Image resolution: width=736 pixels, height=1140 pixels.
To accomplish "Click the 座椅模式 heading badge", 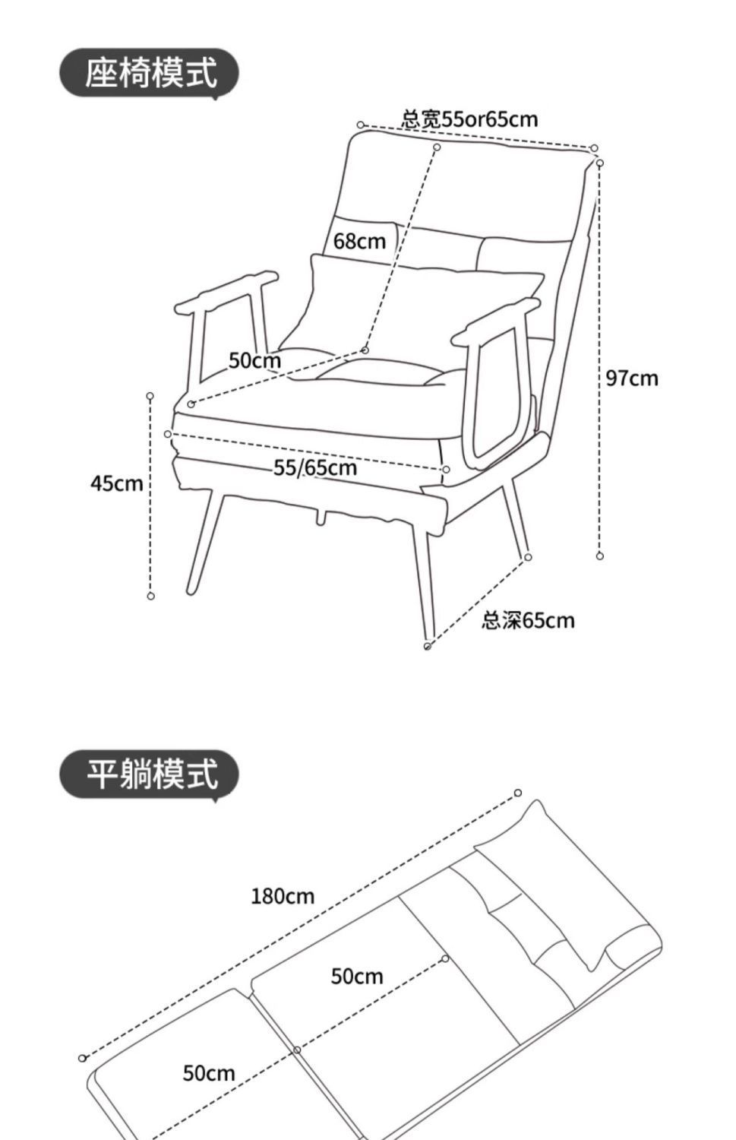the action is [x=150, y=74].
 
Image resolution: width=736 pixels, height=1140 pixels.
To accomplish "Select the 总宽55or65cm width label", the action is [x=469, y=119].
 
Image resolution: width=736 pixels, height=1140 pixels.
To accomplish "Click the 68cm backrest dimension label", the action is [x=360, y=242].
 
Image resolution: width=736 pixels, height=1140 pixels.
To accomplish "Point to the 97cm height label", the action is [x=632, y=378].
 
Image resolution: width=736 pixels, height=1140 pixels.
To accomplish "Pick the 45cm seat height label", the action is [x=116, y=483].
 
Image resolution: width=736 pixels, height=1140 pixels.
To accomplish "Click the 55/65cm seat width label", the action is [x=315, y=467].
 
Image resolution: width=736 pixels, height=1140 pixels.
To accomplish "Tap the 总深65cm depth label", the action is [x=528, y=621].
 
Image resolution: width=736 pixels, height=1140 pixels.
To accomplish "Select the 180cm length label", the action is [x=283, y=897].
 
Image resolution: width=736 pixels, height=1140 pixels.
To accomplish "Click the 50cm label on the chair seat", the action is [x=254, y=360].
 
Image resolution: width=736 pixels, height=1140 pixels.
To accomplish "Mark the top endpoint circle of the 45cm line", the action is [x=150, y=396].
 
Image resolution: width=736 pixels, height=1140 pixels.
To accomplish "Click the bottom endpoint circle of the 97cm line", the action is [x=600, y=556].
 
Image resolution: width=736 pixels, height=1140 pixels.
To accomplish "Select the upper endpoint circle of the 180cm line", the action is [x=518, y=793].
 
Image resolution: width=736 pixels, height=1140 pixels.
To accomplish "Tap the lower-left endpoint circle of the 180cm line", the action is [x=83, y=1058].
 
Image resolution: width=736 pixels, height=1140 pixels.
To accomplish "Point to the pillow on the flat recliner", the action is [x=566, y=882].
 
